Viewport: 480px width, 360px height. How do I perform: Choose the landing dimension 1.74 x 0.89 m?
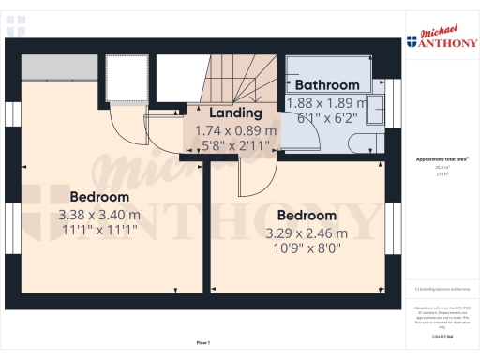click(x=236, y=131)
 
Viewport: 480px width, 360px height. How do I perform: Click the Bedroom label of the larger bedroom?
click(x=98, y=197)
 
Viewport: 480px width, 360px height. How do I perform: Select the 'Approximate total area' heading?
click(x=442, y=159)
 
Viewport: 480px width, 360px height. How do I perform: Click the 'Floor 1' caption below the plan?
click(x=203, y=343)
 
